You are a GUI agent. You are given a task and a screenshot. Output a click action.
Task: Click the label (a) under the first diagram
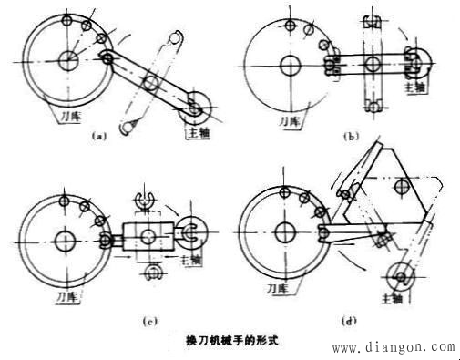(100, 135)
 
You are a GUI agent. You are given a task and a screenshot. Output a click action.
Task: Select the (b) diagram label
(347, 135)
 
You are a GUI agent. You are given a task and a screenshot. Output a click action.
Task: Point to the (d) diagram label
(351, 320)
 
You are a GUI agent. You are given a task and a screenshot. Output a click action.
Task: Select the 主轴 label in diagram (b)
(414, 87)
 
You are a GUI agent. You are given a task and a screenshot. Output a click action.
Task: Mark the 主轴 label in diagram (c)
(189, 259)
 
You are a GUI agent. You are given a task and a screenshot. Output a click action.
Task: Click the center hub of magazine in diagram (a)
(67, 61)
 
